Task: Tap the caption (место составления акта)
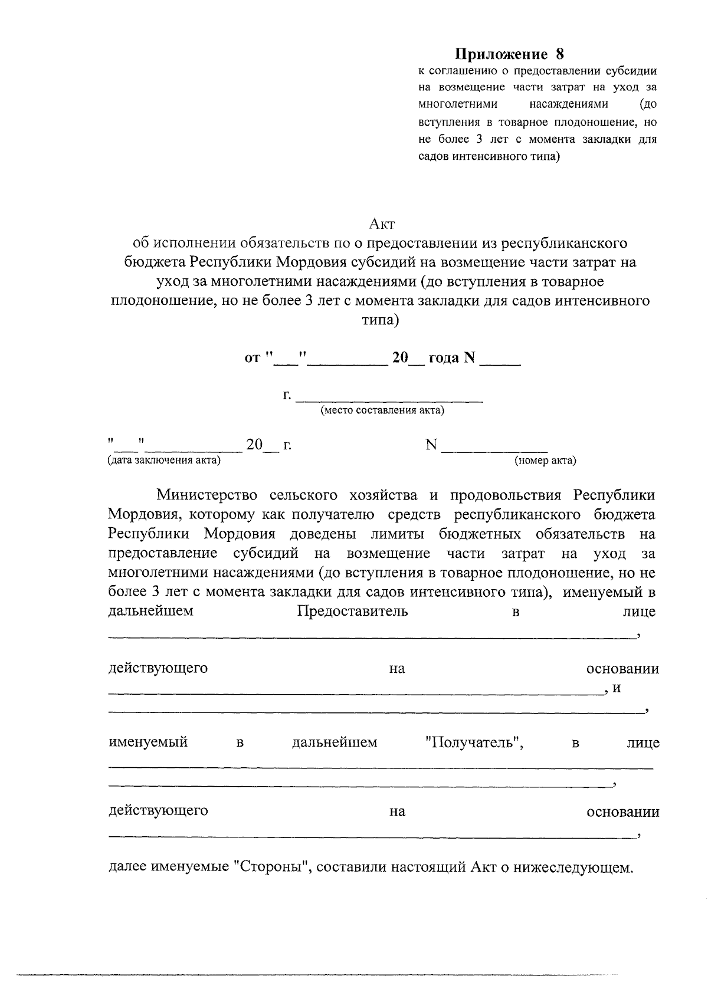pos(382,410)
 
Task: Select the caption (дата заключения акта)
pos(163,461)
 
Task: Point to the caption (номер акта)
pos(545,461)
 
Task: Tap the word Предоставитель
pos(352,611)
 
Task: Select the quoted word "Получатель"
pos(475,742)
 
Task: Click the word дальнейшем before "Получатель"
pos(335,742)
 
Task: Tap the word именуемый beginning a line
pos(148,742)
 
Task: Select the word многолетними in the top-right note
pos(458,104)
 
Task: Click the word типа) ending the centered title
pos(380,321)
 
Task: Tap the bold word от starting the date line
pos(253,358)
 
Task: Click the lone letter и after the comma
pos(617,688)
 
